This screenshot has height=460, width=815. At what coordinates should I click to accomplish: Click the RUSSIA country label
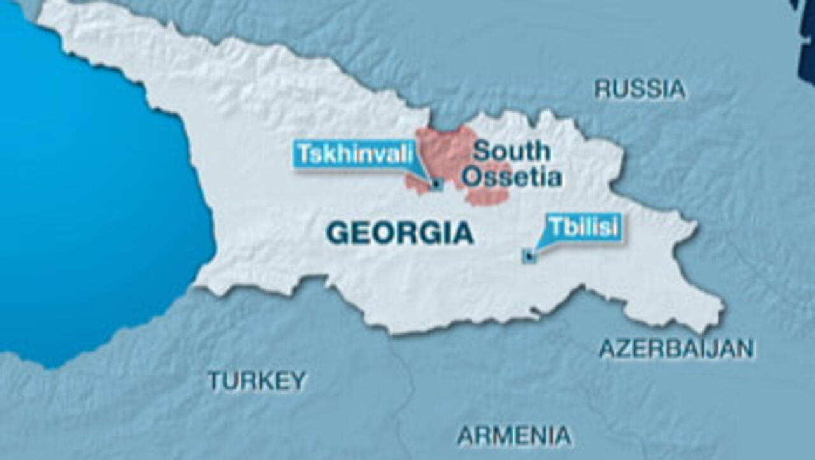click(x=640, y=89)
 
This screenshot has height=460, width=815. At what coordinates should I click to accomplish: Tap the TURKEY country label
click(x=257, y=380)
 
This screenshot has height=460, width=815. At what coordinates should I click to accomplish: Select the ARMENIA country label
click(x=514, y=436)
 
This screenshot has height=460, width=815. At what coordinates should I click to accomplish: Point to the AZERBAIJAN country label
click(x=676, y=348)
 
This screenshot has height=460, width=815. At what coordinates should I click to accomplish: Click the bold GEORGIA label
click(x=400, y=233)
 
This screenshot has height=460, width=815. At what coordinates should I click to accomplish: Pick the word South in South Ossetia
click(x=511, y=151)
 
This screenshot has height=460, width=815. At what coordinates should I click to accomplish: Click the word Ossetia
click(x=512, y=178)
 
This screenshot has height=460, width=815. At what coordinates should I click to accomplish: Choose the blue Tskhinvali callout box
click(x=355, y=155)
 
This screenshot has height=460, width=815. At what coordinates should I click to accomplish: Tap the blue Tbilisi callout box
click(x=584, y=227)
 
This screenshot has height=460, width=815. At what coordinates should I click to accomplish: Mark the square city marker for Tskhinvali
click(x=437, y=185)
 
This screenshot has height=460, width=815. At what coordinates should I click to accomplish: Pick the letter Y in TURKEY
click(x=299, y=380)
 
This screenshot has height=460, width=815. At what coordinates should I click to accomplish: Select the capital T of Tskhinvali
click(x=304, y=155)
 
